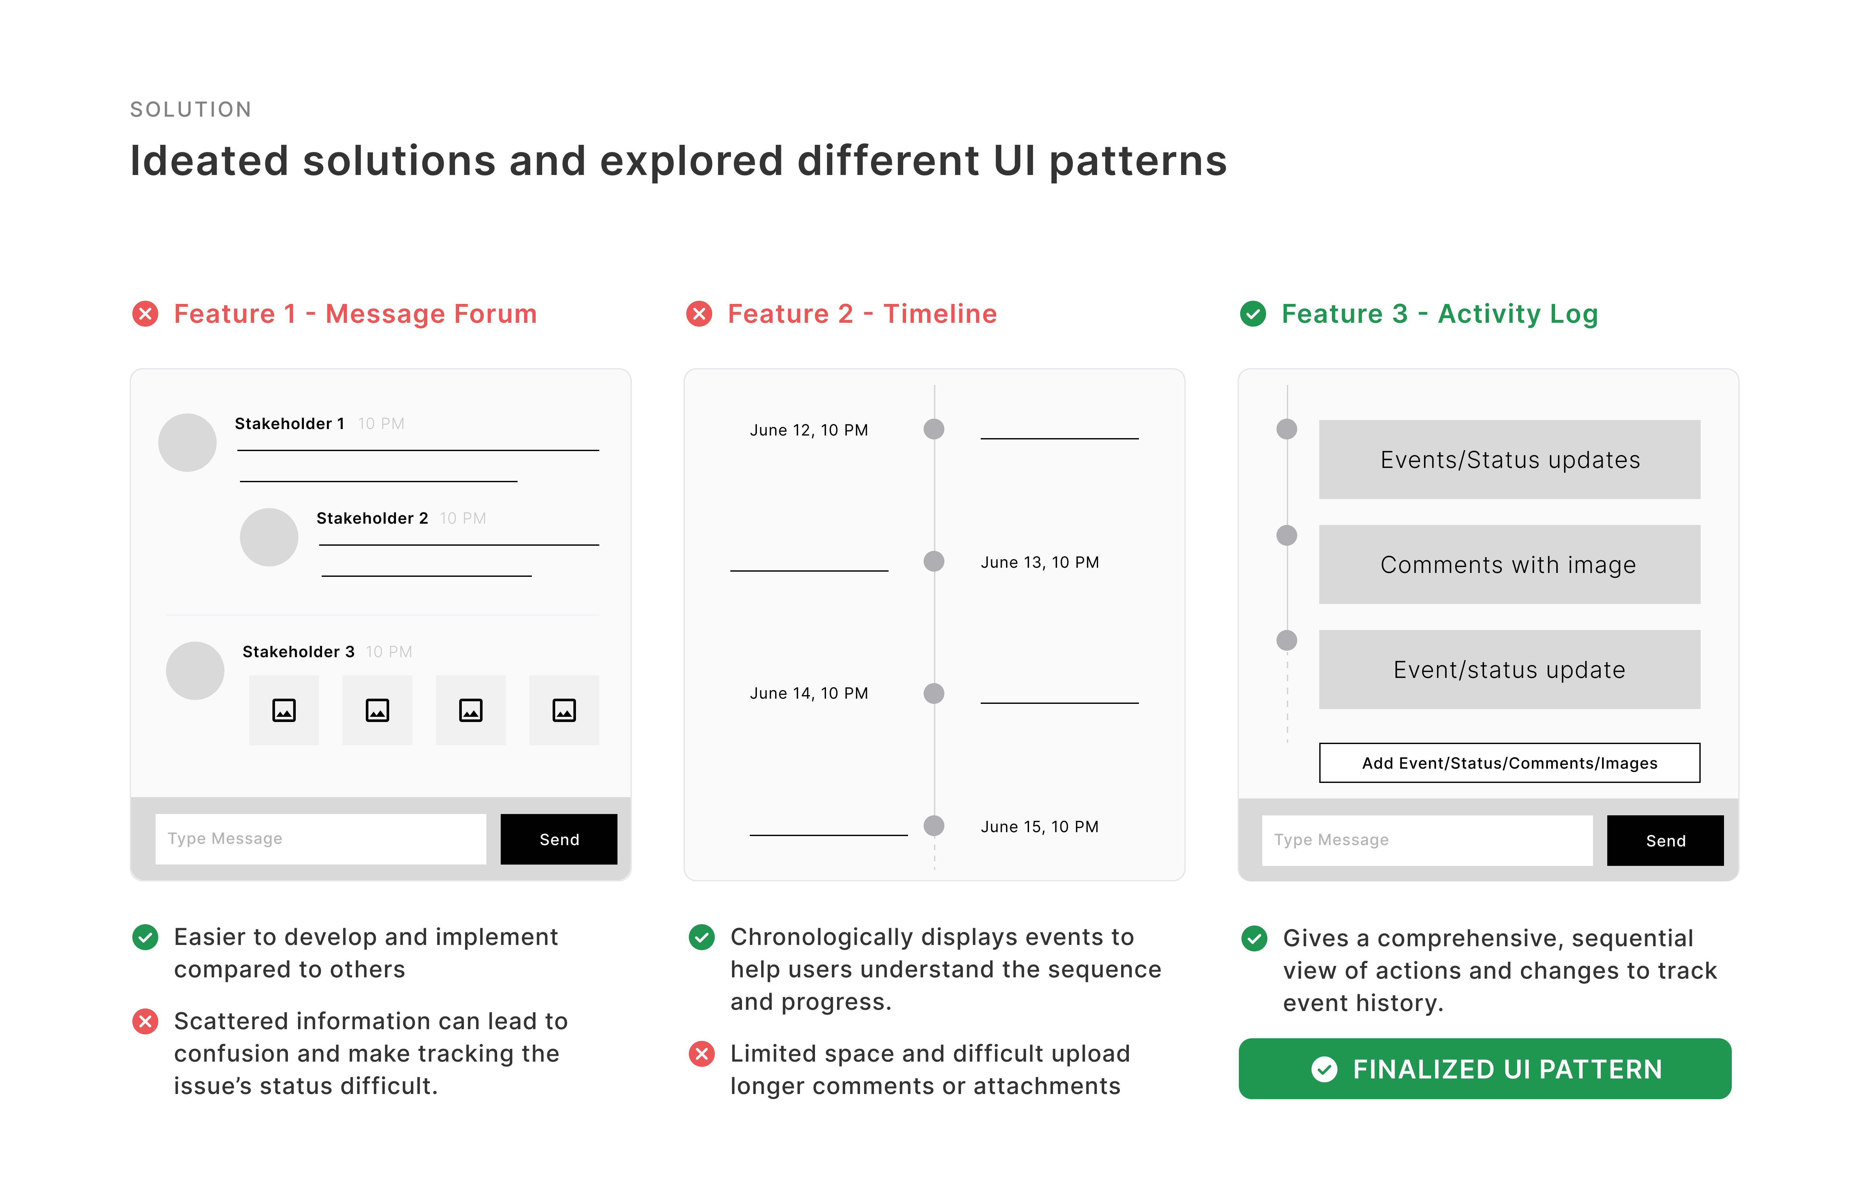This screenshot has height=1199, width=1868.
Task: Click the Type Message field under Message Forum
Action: coord(321,839)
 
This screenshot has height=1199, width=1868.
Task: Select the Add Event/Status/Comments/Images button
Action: coord(1509,763)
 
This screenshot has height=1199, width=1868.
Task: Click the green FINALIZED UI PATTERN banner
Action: coord(1485,1069)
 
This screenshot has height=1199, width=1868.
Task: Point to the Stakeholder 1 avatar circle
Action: coord(187,442)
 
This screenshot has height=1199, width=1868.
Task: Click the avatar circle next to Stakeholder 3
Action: coord(195,670)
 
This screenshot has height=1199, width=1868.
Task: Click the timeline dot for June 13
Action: coord(934,561)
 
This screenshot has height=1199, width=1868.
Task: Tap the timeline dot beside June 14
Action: coord(934,693)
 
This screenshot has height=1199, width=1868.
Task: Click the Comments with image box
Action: coord(1509,565)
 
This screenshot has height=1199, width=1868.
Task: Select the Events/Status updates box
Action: coord(1509,460)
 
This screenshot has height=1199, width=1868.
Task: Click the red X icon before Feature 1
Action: coord(145,314)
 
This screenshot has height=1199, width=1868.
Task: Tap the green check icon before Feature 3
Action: coord(1252,314)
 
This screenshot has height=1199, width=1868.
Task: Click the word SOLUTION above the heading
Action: coord(191,110)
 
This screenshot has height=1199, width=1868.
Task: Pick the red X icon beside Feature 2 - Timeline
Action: coord(699,314)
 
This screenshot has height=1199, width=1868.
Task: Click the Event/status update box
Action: coord(1509,669)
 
